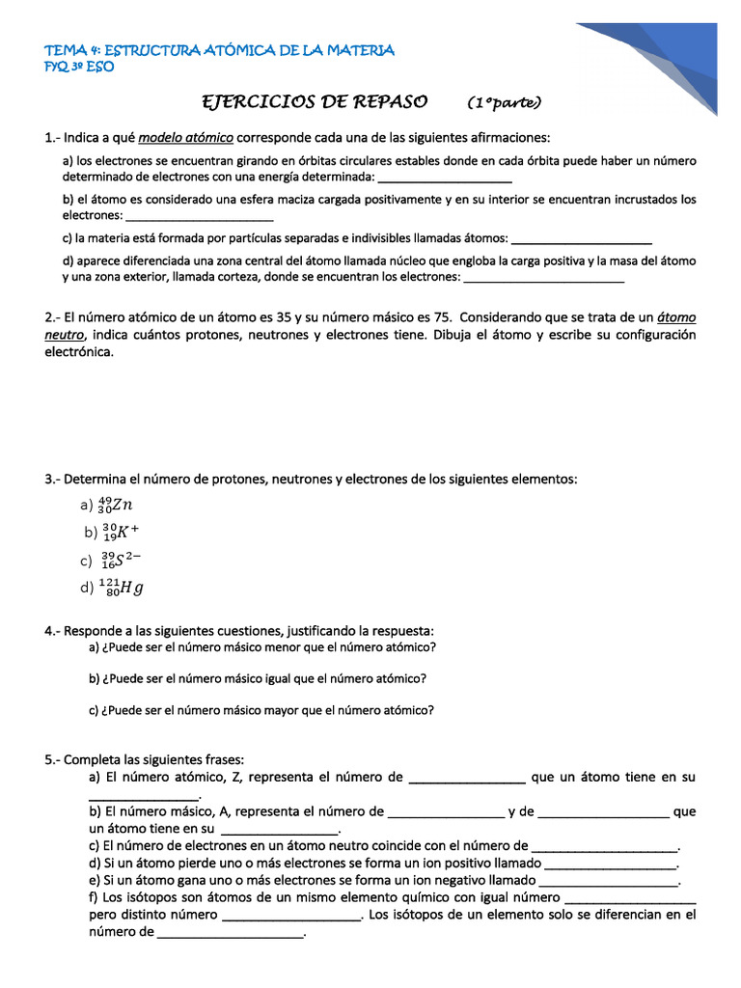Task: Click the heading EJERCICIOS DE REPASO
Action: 314,101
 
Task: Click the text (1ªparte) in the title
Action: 505,102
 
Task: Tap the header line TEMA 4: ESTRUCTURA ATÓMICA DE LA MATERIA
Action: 220,50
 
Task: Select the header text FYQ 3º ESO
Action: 79,67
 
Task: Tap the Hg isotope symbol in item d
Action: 121,587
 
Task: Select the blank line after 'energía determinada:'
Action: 445,179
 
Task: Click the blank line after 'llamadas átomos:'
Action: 581,239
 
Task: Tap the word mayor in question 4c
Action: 278,710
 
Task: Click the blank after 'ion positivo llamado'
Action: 612,864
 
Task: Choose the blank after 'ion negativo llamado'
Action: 610,881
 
